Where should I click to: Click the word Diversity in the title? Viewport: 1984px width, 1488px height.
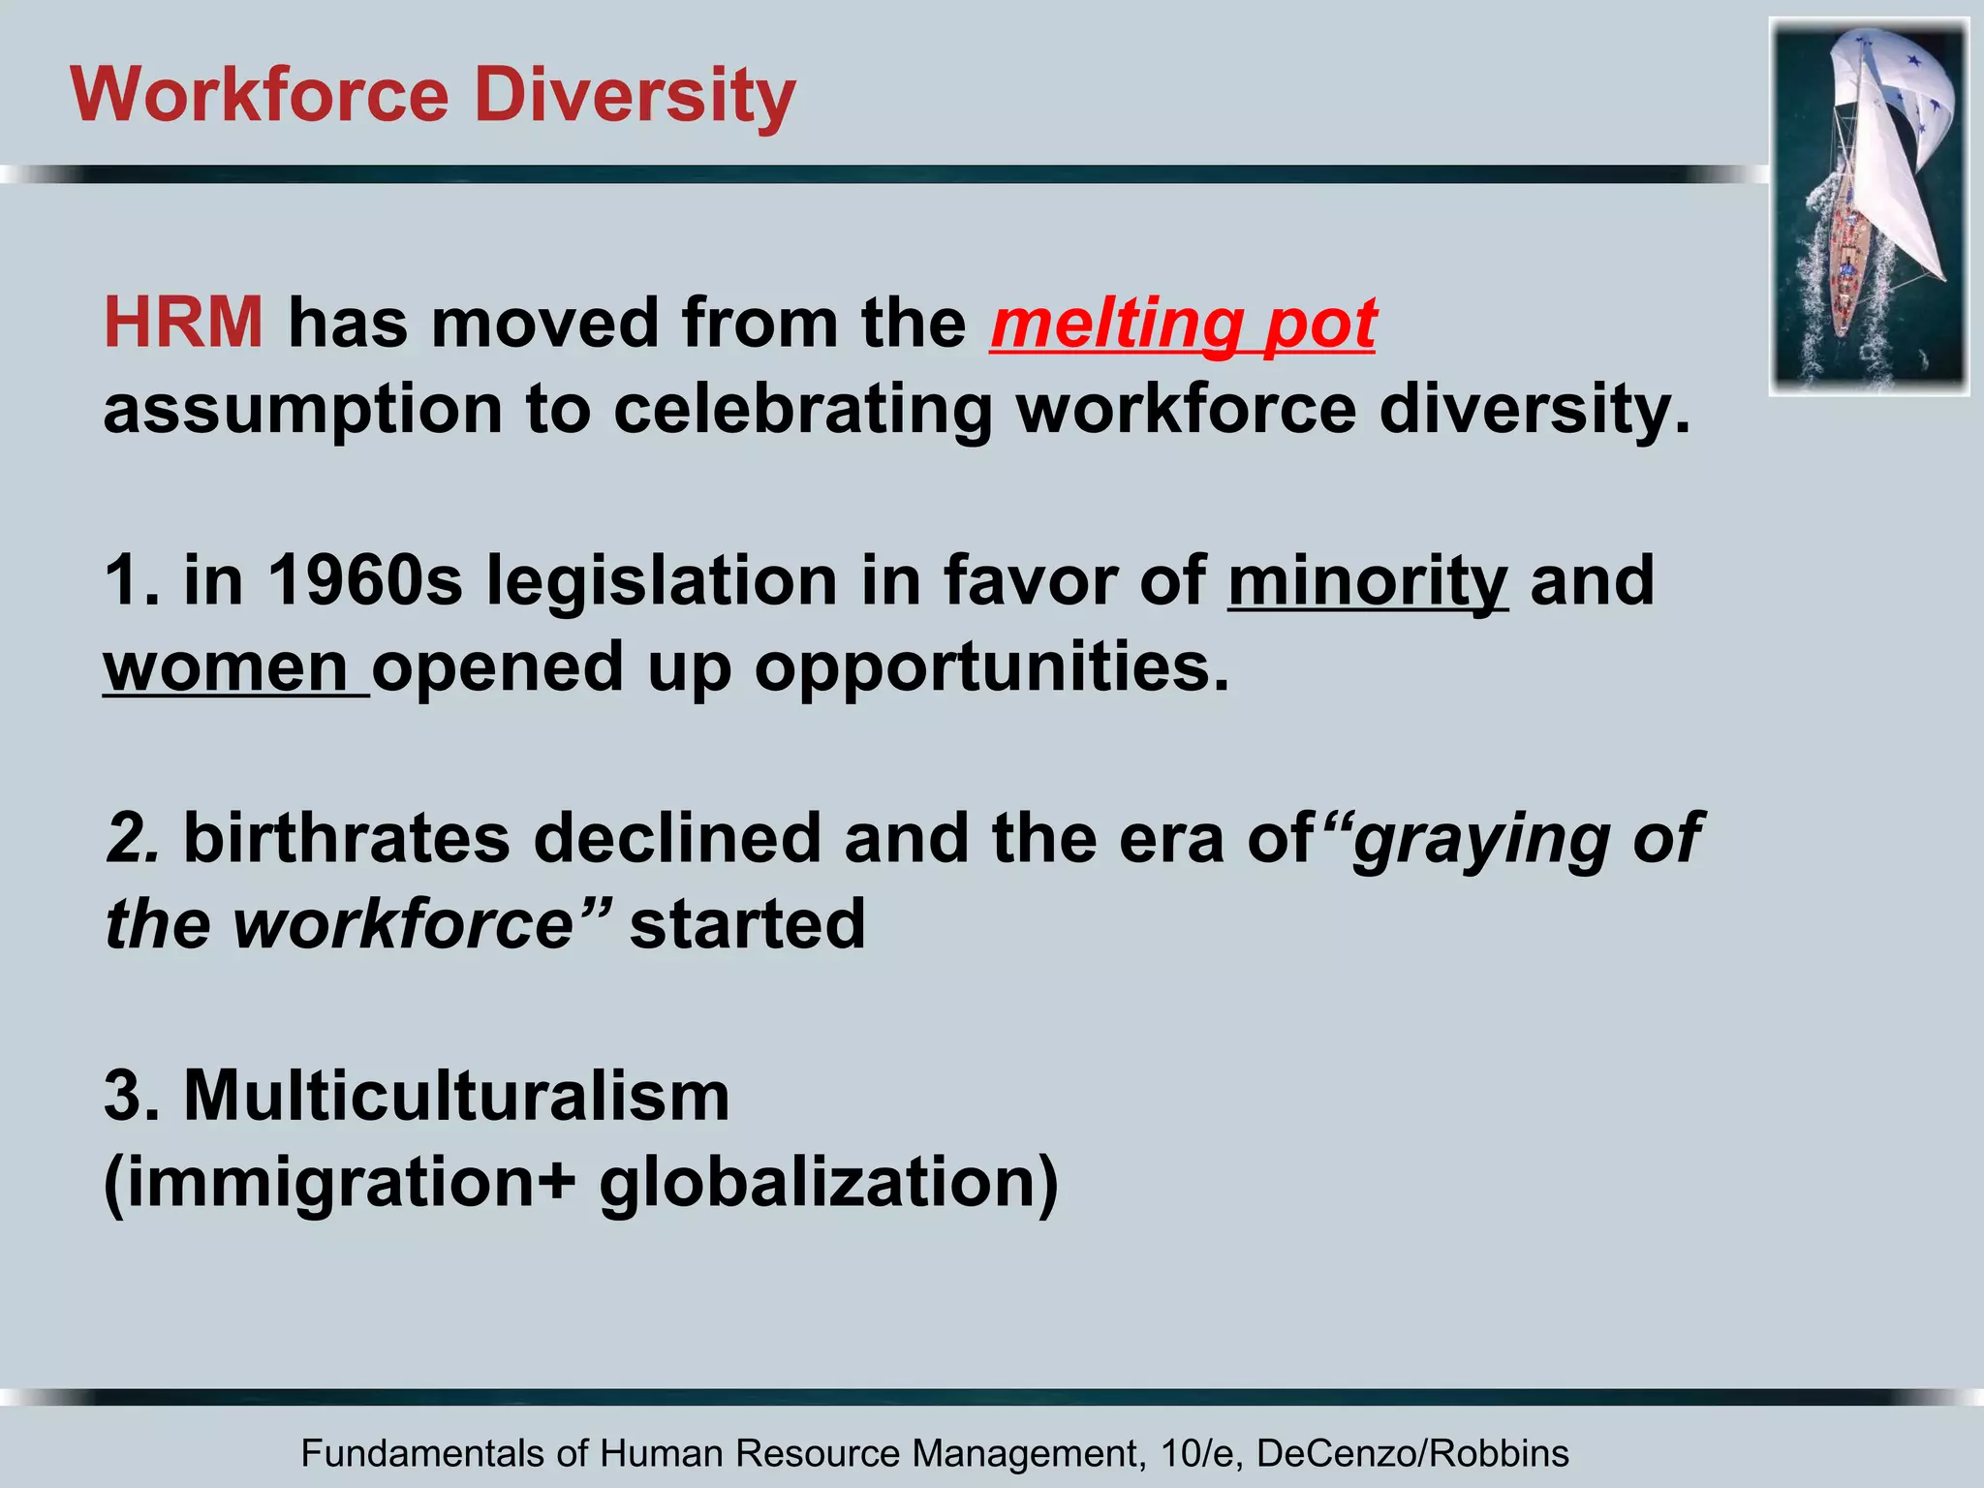pyautogui.click(x=635, y=96)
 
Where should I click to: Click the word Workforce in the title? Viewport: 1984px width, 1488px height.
pyautogui.click(x=260, y=96)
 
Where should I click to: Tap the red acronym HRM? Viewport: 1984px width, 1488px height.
pyautogui.click(x=183, y=323)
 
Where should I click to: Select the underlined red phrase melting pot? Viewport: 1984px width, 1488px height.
pyautogui.click(x=1183, y=323)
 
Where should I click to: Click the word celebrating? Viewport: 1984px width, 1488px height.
pyautogui.click(x=802, y=409)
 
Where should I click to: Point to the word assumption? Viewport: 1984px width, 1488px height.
pyautogui.click(x=302, y=411)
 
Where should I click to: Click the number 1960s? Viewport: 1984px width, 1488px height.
pyautogui.click(x=364, y=581)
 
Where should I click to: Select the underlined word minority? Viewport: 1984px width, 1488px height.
pyautogui.click(x=1367, y=581)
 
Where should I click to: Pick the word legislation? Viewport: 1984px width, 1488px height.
pyautogui.click(x=661, y=581)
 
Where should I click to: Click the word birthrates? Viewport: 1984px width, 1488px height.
pyautogui.click(x=346, y=838)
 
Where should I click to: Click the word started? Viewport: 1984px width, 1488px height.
pyautogui.click(x=747, y=924)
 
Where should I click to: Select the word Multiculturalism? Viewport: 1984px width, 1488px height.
pyautogui.click(x=456, y=1096)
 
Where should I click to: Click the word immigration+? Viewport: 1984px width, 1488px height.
pyautogui.click(x=347, y=1184)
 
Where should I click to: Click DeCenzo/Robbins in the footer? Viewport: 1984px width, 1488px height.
pyautogui.click(x=1411, y=1454)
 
